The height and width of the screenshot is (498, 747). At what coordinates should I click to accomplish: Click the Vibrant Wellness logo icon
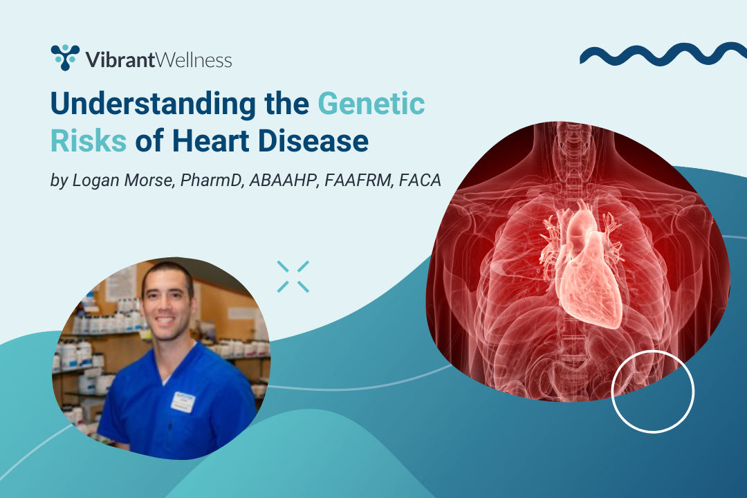tap(65, 57)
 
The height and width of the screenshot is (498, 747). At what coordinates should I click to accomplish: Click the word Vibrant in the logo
tap(120, 60)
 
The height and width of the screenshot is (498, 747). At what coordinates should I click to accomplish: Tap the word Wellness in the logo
tap(194, 60)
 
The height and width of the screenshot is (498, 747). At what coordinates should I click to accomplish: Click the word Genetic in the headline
tap(371, 104)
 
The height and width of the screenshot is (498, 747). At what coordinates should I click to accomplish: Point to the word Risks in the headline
tap(89, 141)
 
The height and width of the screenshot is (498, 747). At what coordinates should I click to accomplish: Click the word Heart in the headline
tap(210, 141)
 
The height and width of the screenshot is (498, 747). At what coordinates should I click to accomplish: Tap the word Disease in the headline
tap(313, 141)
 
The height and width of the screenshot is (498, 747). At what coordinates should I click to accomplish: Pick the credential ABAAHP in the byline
tap(284, 180)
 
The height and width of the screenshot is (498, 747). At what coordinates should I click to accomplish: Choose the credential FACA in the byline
tap(420, 180)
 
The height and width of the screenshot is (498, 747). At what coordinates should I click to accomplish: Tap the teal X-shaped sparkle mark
tap(293, 277)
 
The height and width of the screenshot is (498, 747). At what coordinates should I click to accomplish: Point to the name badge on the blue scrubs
tap(183, 402)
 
